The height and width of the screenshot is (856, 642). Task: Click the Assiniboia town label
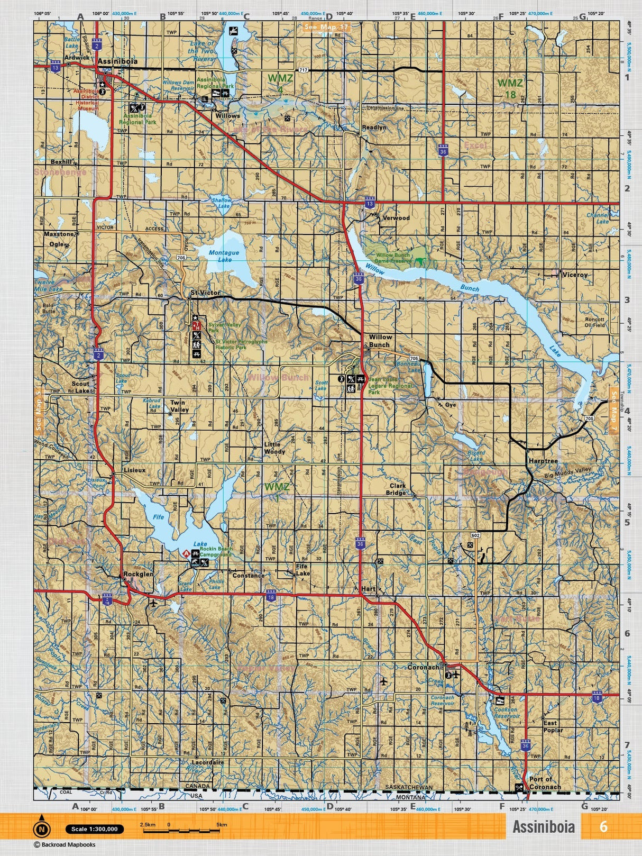[x=117, y=61]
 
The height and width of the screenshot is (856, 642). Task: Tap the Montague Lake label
[x=224, y=256]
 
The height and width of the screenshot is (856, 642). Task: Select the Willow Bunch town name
[x=380, y=341]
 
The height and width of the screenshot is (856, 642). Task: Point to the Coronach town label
[x=423, y=667]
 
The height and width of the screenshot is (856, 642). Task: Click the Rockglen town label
[x=138, y=574]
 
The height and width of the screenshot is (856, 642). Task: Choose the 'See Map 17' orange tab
[x=326, y=27]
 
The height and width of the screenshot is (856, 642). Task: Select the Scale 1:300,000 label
[x=95, y=829]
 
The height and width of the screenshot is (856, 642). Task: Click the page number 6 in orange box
[x=603, y=826]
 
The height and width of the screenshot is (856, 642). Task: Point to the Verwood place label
[x=396, y=217]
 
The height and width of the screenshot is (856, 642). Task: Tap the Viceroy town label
[x=575, y=275]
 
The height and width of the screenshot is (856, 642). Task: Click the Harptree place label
[x=543, y=461]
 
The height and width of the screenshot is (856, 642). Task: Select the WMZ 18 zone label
[x=510, y=88]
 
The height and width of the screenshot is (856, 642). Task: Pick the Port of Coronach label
[x=545, y=783]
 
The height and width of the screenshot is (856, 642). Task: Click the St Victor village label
[x=205, y=293]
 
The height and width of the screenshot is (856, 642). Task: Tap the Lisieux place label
[x=134, y=470]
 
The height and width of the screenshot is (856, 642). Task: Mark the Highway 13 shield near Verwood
[x=370, y=203]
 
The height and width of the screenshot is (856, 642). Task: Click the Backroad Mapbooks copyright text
[x=65, y=845]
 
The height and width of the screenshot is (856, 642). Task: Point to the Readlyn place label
[x=374, y=128]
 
